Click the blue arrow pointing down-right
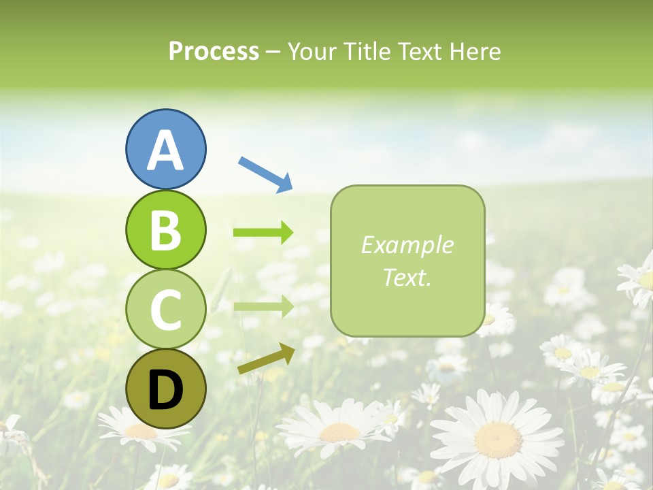click(x=265, y=174)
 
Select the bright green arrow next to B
click(x=263, y=233)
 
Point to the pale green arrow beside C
click(x=263, y=307)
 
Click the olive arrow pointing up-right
click(x=266, y=359)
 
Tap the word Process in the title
click(x=214, y=51)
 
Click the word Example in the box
click(x=407, y=245)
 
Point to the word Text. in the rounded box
click(x=407, y=277)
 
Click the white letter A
click(x=165, y=150)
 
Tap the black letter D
click(x=165, y=389)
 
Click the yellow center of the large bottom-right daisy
click(x=498, y=440)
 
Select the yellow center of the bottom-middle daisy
click(x=339, y=432)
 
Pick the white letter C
click(x=165, y=310)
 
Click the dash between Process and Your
click(x=273, y=52)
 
